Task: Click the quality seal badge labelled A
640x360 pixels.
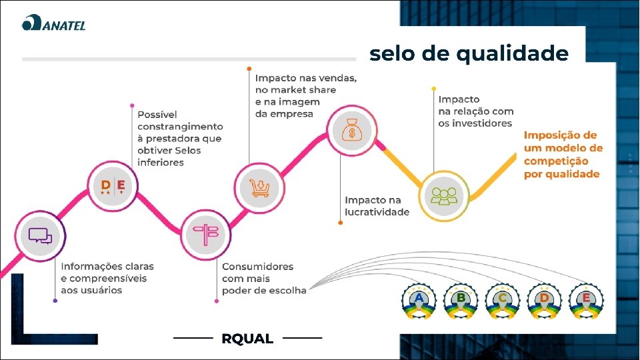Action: (x=419, y=301)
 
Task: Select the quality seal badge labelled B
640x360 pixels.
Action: (x=461, y=301)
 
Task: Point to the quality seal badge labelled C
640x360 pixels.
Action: (x=503, y=301)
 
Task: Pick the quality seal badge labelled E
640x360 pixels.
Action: (x=586, y=301)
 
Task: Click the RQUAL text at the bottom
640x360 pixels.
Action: (x=247, y=339)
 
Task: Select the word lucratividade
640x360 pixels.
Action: (x=377, y=212)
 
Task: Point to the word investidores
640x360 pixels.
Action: (x=475, y=123)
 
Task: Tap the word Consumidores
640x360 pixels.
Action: (x=257, y=267)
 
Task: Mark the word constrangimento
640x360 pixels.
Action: (x=180, y=126)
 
